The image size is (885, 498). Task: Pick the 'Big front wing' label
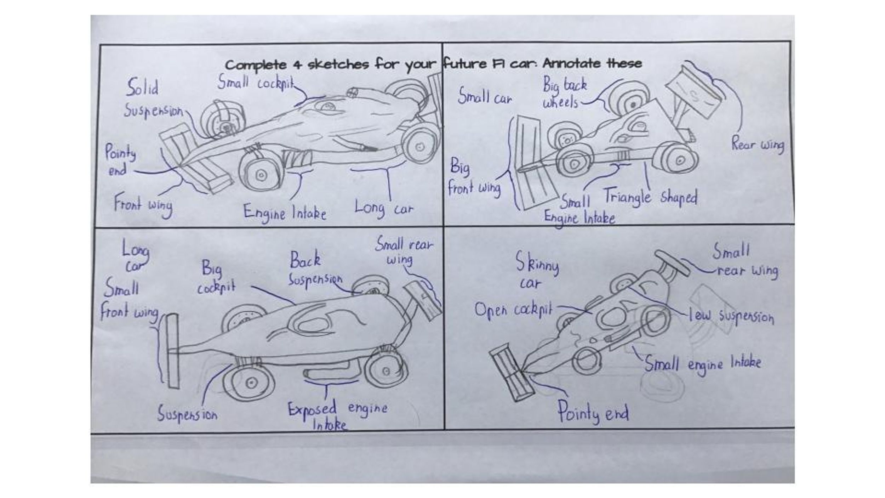474,177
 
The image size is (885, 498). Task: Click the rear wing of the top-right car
693,93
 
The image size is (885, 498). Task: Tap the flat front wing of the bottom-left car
173,351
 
